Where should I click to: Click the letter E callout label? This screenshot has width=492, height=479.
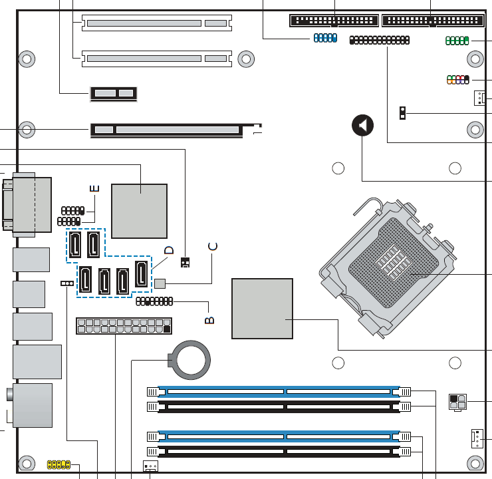pos(94,188)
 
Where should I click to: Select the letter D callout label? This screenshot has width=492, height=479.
pos(169,250)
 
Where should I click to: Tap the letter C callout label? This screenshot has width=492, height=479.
pos(213,247)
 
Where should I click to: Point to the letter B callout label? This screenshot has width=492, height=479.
pos(209,320)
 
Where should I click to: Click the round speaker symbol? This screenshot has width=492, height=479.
pos(363,125)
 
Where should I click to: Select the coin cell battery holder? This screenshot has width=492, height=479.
pos(189,360)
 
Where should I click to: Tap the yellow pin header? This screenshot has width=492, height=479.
pos(59,464)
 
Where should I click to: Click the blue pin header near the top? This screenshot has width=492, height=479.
pos(325,38)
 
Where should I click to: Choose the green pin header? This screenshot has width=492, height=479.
pos(457,41)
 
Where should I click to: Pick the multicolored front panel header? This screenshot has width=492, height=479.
pos(458,80)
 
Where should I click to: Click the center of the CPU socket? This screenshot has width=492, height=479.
pos(393,262)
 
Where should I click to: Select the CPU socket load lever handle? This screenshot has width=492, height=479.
pos(368,206)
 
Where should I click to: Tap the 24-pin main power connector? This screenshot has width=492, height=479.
pos(124,326)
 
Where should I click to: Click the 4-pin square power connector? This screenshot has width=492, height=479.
pos(458,402)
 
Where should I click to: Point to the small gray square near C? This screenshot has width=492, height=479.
pos(160,283)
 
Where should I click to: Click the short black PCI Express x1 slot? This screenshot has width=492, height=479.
pos(114,94)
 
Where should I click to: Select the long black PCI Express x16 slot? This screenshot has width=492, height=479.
pos(167,130)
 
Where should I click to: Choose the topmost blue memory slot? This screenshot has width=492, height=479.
pos(279,392)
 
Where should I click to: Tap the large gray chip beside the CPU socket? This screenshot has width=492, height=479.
pos(263,309)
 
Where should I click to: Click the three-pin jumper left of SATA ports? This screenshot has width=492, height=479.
pos(67,283)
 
